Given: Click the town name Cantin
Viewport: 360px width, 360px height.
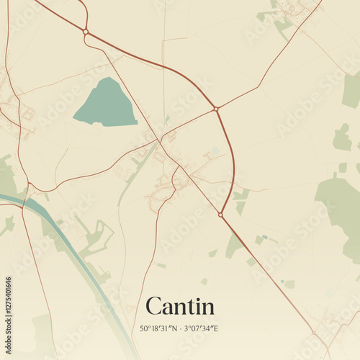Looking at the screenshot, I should [x=180, y=306].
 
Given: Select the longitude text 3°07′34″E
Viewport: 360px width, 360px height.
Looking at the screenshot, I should [x=201, y=328].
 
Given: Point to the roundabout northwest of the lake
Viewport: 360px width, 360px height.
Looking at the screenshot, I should [x=86, y=32].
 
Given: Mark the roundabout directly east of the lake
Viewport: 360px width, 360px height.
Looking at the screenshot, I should [x=216, y=109].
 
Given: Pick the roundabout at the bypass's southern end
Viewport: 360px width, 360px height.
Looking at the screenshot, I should [x=220, y=214].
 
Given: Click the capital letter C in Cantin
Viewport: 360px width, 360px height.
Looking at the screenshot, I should [x=153, y=306].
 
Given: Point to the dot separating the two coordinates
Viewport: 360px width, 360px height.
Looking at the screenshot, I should [x=179, y=328].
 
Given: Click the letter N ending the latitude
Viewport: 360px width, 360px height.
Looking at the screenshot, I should [x=173, y=328].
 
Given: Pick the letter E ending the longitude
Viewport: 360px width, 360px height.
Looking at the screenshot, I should [x=216, y=328].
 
